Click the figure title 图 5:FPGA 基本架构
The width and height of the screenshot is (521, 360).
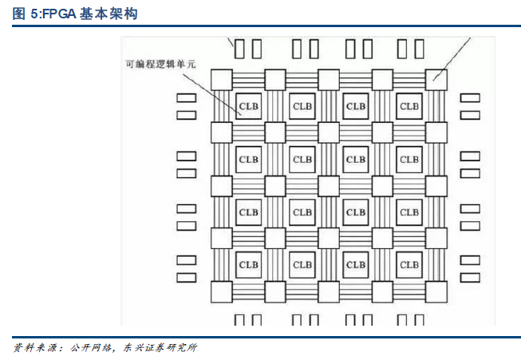pyautogui.click(x=73, y=14)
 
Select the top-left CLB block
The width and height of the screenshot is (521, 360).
pyautogui.click(x=248, y=106)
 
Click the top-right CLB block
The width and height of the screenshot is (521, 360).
pyautogui.click(x=409, y=106)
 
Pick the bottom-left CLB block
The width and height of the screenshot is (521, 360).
pyautogui.click(x=248, y=265)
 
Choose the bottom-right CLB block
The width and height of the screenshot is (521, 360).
pyautogui.click(x=409, y=265)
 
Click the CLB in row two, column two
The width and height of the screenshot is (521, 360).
pyautogui.click(x=302, y=159)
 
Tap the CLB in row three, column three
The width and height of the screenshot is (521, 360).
pyautogui.click(x=356, y=212)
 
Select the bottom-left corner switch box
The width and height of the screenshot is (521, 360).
pyautogui.click(x=221, y=291)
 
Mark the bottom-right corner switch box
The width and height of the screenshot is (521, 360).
pyautogui.click(x=436, y=291)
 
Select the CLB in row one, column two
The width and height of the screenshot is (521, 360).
pyautogui.click(x=302, y=106)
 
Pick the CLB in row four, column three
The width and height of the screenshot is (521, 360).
pyautogui.click(x=356, y=265)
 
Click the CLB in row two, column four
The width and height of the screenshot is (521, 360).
pyautogui.click(x=409, y=159)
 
